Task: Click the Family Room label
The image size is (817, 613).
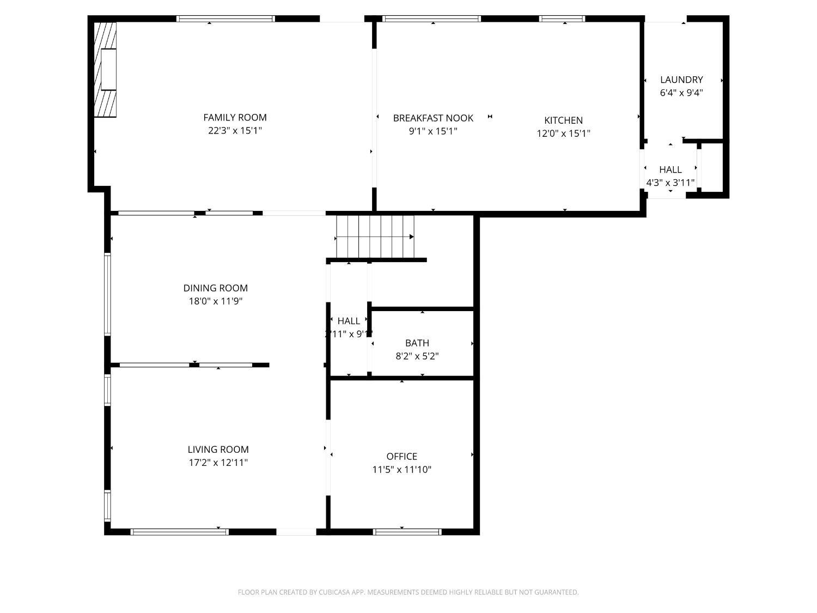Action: tap(235, 117)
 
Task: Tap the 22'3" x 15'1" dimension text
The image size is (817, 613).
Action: tap(235, 131)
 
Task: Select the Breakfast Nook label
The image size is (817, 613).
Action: tap(433, 118)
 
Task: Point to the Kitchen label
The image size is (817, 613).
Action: tap(563, 120)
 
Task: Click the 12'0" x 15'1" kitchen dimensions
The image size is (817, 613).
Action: tap(563, 133)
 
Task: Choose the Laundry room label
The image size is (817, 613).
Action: tap(681, 80)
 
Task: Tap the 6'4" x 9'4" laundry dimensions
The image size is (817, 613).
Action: tap(681, 93)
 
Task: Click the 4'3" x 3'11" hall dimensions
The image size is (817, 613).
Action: tap(670, 183)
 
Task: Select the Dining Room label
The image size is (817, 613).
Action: tap(215, 288)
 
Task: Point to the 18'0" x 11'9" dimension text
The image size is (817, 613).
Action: tap(215, 301)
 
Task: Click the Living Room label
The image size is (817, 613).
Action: tap(218, 450)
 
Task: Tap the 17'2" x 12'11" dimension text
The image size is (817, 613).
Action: tap(218, 463)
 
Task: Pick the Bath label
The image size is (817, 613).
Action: tap(417, 343)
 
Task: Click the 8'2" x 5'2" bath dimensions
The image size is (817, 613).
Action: tap(417, 356)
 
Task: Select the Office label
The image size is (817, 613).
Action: tap(401, 457)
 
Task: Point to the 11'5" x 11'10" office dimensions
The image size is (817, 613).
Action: tap(401, 470)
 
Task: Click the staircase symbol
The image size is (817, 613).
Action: tap(375, 237)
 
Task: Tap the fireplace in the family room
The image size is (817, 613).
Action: tap(106, 69)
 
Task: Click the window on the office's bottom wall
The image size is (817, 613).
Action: tap(407, 531)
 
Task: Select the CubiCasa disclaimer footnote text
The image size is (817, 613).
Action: tap(408, 592)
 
